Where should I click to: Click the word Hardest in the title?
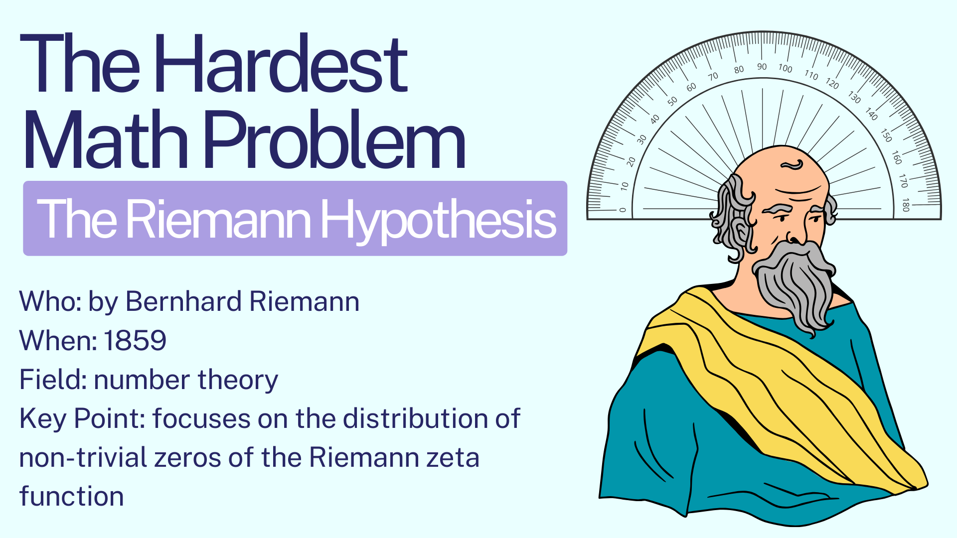point(281,63)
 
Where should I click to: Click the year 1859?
point(135,341)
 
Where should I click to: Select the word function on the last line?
point(71,496)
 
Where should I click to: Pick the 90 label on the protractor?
point(762,66)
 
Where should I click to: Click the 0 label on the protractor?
point(622,210)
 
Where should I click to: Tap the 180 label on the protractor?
point(906,205)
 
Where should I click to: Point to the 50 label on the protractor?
point(672,101)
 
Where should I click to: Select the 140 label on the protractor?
point(871,114)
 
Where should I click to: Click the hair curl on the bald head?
point(793,165)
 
